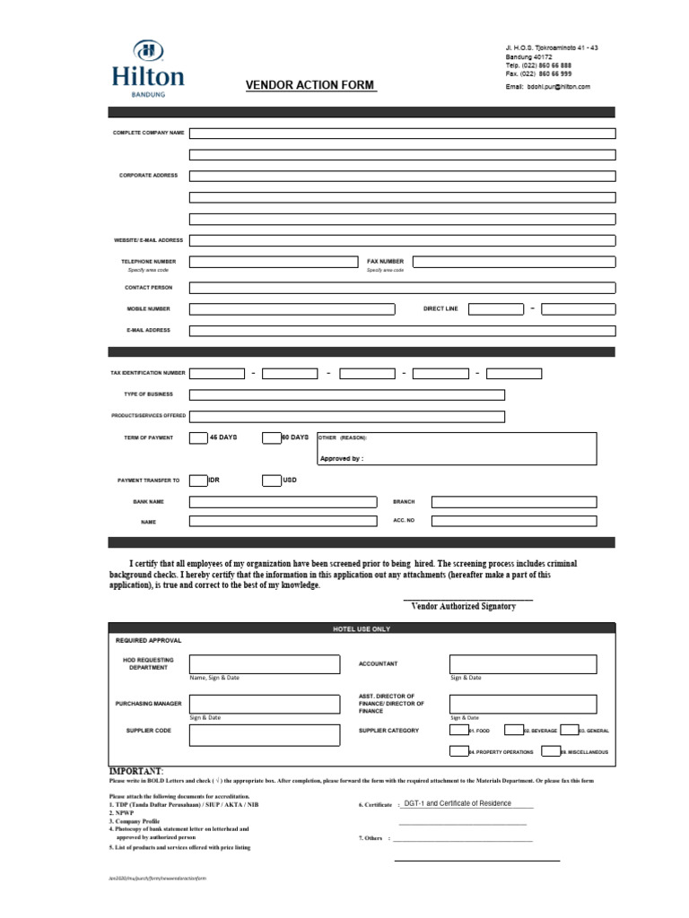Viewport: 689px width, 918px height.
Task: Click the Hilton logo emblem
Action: (147, 52)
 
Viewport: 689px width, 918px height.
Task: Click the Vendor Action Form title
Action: (310, 85)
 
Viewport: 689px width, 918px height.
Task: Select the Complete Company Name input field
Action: (402, 134)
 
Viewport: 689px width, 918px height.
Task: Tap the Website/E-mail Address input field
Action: (402, 240)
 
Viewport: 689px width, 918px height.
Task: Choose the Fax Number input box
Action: (514, 262)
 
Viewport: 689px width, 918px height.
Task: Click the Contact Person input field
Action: (402, 288)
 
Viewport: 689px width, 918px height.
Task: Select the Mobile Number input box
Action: (292, 309)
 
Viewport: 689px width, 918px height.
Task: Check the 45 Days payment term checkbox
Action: (197, 438)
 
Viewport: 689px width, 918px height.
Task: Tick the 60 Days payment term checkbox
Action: (271, 438)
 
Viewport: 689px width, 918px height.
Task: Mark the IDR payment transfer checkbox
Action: (197, 481)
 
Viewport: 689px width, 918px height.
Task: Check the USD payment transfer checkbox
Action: (271, 481)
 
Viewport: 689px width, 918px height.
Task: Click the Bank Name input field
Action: (283, 502)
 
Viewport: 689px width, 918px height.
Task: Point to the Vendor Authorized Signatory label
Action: (463, 607)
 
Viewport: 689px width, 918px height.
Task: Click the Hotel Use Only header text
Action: (362, 629)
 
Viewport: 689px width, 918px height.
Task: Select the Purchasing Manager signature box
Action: (264, 704)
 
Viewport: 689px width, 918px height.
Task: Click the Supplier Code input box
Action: (264, 735)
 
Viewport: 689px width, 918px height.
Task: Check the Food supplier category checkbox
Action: (458, 731)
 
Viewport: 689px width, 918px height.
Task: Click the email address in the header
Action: (548, 87)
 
